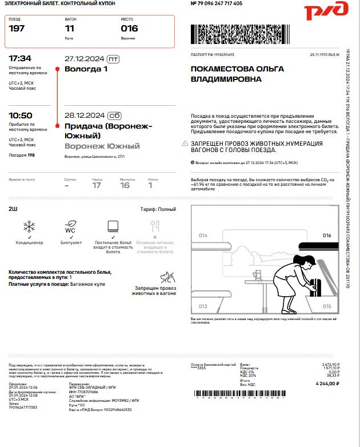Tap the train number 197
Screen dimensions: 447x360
point(17,29)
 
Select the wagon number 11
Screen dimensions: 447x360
point(70,29)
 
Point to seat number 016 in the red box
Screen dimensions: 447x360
point(129,29)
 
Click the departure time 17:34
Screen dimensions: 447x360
point(20,58)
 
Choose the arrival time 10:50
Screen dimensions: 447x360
point(21,115)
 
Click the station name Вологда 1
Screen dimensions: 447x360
point(86,69)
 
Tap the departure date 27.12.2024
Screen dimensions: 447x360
point(84,58)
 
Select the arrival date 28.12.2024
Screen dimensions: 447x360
point(84,115)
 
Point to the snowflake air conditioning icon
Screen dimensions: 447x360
point(29,226)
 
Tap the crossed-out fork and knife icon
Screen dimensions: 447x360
point(154,226)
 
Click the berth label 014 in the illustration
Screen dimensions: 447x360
point(203,236)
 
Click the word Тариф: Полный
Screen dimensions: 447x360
point(158,209)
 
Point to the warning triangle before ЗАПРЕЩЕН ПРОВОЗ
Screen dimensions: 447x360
point(185,144)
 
